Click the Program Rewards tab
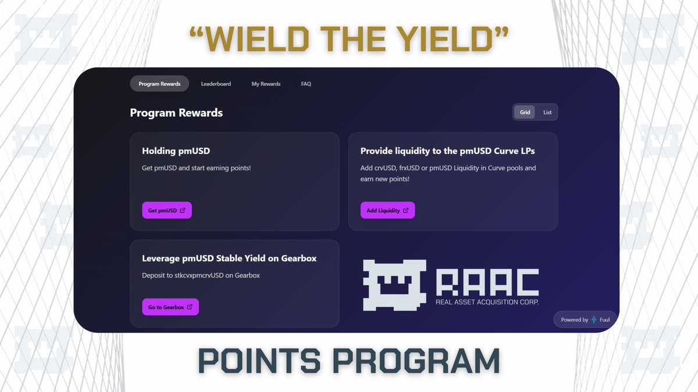click(159, 84)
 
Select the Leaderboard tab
click(216, 84)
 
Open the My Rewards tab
click(266, 84)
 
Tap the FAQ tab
click(306, 84)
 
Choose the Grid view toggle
click(525, 112)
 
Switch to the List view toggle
click(547, 112)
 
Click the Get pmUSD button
click(167, 210)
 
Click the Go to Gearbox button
click(170, 307)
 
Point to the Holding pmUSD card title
click(176, 151)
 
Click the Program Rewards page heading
click(176, 113)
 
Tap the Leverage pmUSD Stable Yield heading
click(229, 258)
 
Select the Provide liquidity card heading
click(447, 151)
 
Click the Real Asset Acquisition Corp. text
click(487, 303)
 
